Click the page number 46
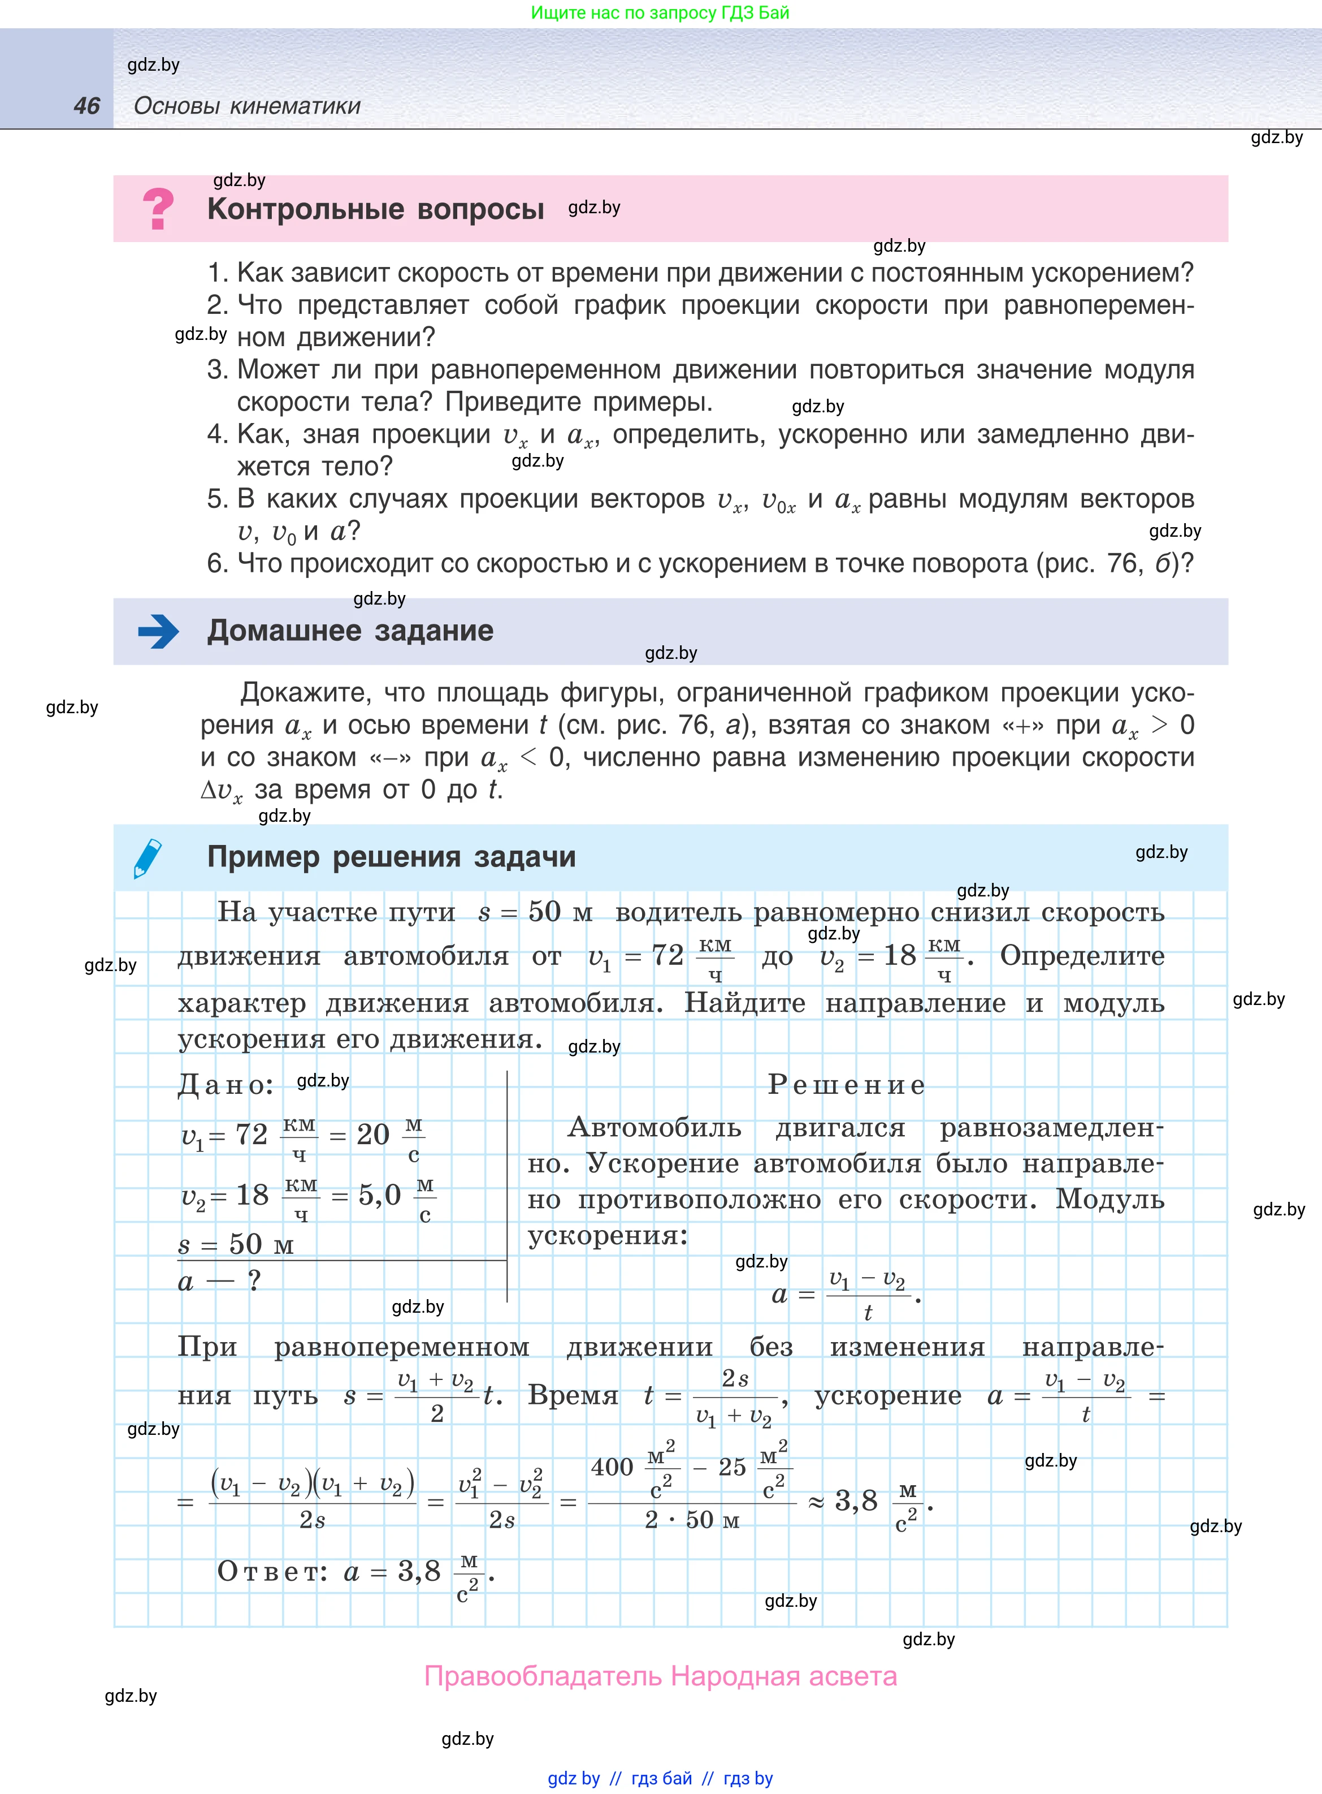point(86,106)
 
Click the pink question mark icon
point(158,209)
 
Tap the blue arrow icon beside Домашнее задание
point(158,631)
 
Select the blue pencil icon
point(148,857)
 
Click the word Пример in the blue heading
point(263,857)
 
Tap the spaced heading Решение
point(846,1085)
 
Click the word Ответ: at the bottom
point(272,1572)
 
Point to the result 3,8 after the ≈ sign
point(856,1501)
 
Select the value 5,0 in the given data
point(379,1195)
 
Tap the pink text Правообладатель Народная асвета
point(660,1676)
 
